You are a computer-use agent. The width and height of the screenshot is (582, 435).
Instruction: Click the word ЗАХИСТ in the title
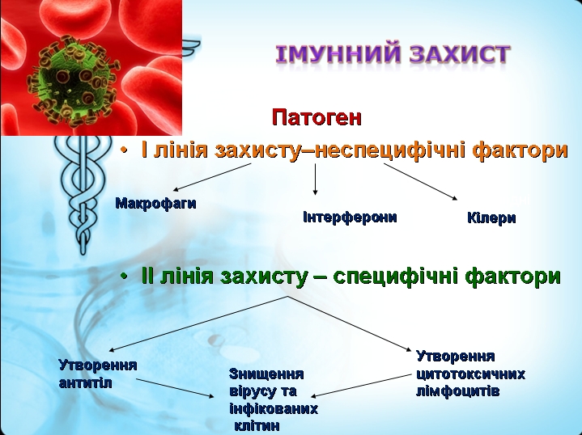coord(461,53)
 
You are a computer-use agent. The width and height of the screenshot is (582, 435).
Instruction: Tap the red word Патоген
coord(316,117)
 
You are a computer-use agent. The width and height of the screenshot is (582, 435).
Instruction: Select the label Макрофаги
coord(156,203)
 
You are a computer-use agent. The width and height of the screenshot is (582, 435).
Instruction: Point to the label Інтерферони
coord(350,217)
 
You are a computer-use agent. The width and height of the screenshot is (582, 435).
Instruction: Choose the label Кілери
coord(491,217)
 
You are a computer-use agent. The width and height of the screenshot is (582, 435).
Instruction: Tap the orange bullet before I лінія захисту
coord(125,150)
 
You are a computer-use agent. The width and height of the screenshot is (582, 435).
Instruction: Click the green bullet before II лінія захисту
coord(125,277)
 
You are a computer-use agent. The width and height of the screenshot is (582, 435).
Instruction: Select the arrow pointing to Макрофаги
coord(212,177)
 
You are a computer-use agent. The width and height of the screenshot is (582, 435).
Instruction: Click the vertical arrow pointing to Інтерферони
coord(315,179)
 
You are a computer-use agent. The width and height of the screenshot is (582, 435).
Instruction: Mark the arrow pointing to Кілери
coord(421,182)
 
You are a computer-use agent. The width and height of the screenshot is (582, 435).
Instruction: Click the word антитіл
coord(85,383)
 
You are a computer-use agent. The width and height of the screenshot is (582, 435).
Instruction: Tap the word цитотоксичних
coord(470,374)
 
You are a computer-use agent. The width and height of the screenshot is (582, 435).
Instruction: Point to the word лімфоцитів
coord(457,391)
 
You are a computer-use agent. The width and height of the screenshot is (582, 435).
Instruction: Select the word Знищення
coord(266,374)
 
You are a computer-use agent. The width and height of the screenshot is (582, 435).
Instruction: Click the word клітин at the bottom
coord(257,426)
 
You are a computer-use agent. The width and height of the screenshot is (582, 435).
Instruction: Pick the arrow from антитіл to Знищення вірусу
coord(175,388)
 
